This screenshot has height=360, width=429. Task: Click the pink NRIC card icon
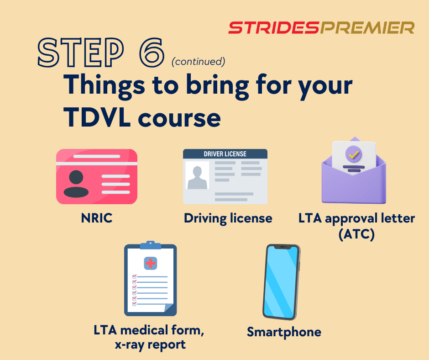(x=96, y=176)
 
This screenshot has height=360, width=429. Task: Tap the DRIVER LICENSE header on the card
(x=225, y=154)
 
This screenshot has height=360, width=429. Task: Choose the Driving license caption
(x=228, y=218)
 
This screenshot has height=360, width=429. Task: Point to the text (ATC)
(x=356, y=234)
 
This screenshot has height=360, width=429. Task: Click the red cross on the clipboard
(x=150, y=263)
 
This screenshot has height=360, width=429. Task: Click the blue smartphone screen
(x=281, y=281)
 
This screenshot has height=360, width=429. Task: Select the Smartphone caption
(x=284, y=332)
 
